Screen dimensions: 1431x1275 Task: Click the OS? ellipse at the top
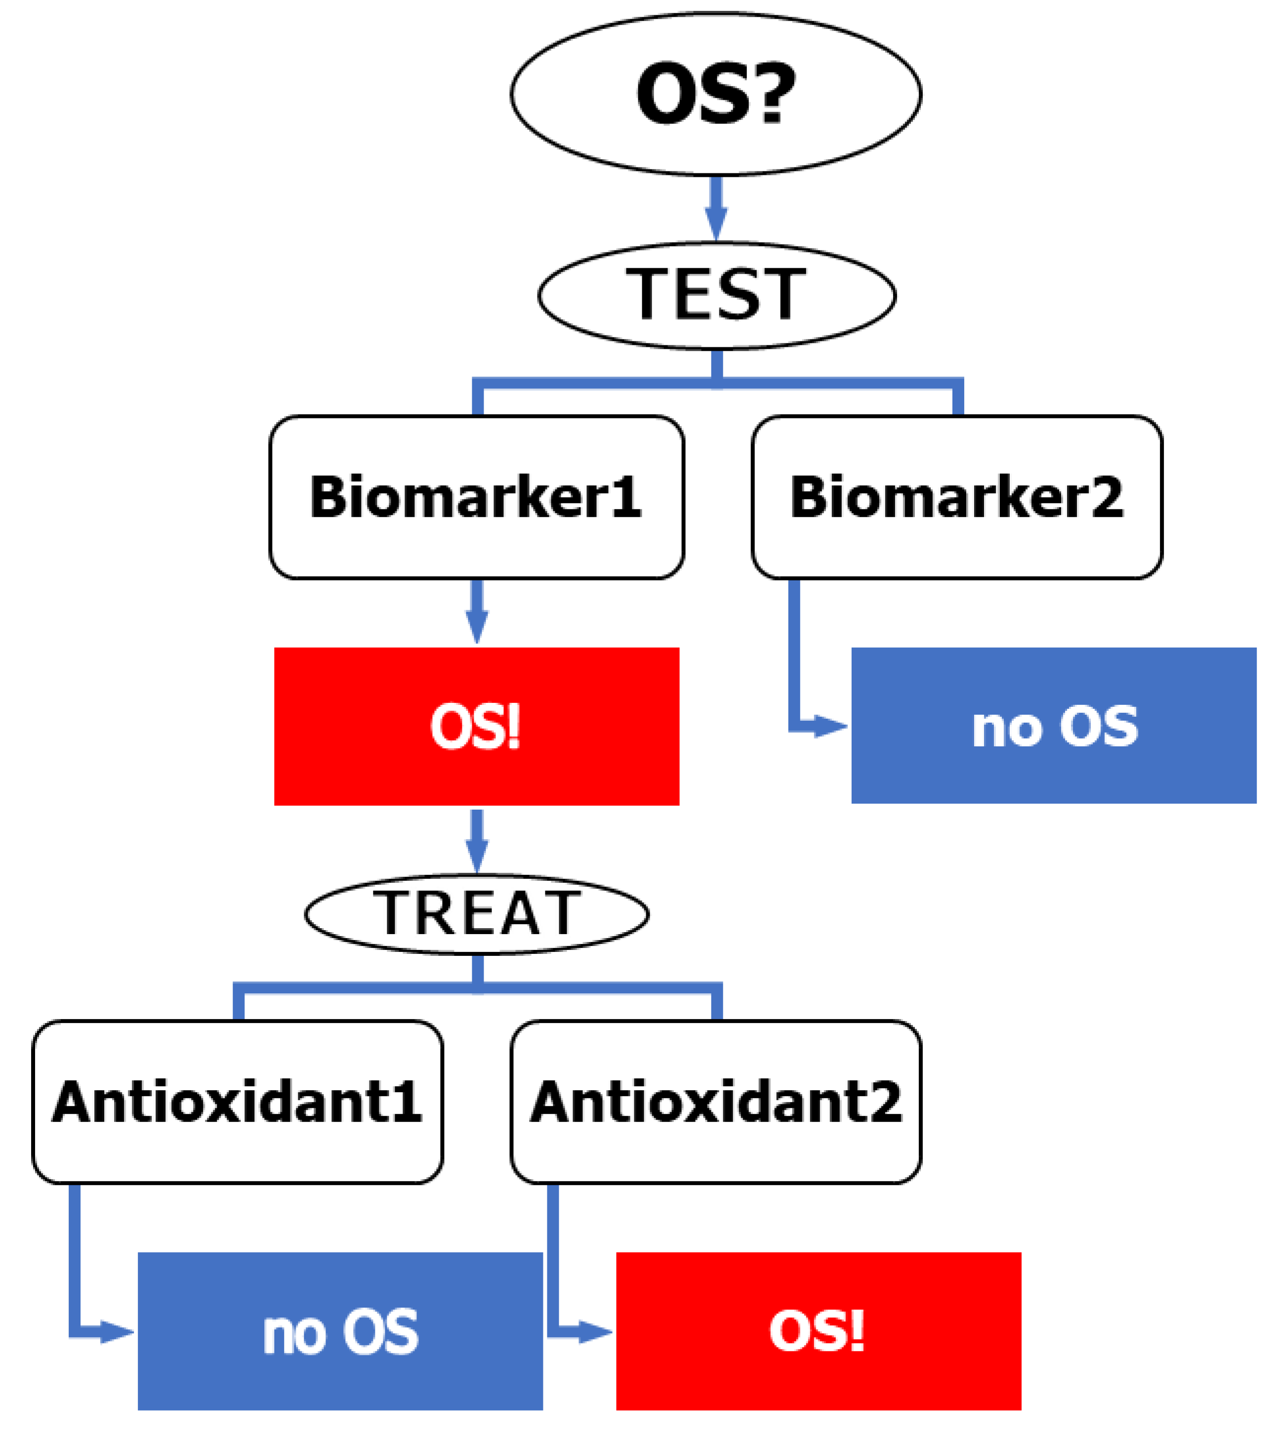click(x=715, y=94)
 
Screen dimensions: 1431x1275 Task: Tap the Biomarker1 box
click(x=476, y=497)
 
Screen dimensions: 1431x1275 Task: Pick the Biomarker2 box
click(x=957, y=497)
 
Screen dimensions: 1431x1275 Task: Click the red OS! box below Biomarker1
click(x=476, y=726)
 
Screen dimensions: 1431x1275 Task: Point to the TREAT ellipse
click(x=476, y=914)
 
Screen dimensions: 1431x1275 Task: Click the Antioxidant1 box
click(x=238, y=1103)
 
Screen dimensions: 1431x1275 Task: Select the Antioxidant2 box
click(x=716, y=1103)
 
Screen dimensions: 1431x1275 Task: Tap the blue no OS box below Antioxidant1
click(x=340, y=1332)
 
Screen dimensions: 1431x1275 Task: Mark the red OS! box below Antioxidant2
click(x=818, y=1332)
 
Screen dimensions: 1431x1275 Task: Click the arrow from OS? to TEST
click(x=716, y=209)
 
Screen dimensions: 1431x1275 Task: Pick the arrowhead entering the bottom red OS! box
click(x=595, y=1332)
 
